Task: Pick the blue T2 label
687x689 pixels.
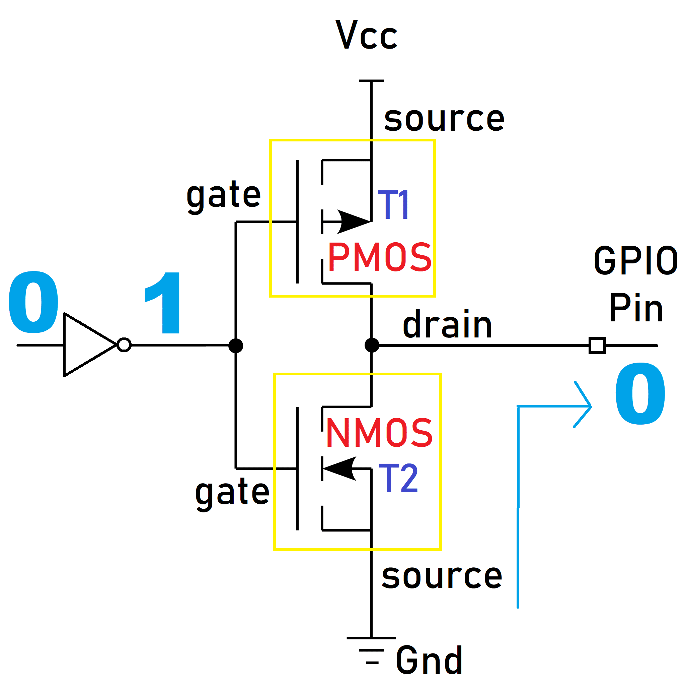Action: [x=398, y=478]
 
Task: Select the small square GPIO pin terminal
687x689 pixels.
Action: [x=597, y=345]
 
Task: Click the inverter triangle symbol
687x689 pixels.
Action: [x=85, y=344]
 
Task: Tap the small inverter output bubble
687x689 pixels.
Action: [x=124, y=345]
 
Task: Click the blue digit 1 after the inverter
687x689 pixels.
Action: [x=165, y=303]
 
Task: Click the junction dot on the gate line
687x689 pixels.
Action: [x=236, y=346]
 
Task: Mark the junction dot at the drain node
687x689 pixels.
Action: [x=372, y=345]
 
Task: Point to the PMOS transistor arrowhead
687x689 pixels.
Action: [x=353, y=222]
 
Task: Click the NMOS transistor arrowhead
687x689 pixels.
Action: [x=340, y=468]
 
